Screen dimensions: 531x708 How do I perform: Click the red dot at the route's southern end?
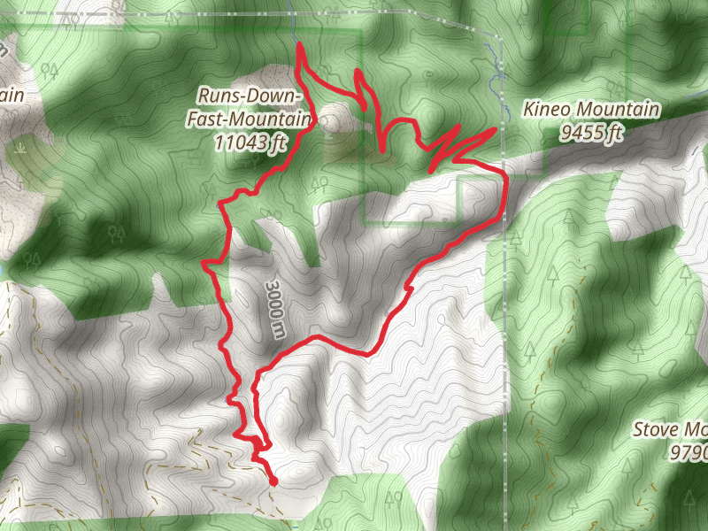coord(273,481)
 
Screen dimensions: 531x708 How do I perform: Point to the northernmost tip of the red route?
coord(298,44)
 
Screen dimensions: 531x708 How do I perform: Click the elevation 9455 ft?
coord(592,133)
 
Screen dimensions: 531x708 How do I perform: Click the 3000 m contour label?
coord(275,309)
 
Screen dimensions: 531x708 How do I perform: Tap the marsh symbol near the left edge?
coord(20,150)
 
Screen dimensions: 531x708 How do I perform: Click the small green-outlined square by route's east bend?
coord(479,195)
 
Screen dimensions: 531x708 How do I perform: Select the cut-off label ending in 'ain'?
coord(12,95)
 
